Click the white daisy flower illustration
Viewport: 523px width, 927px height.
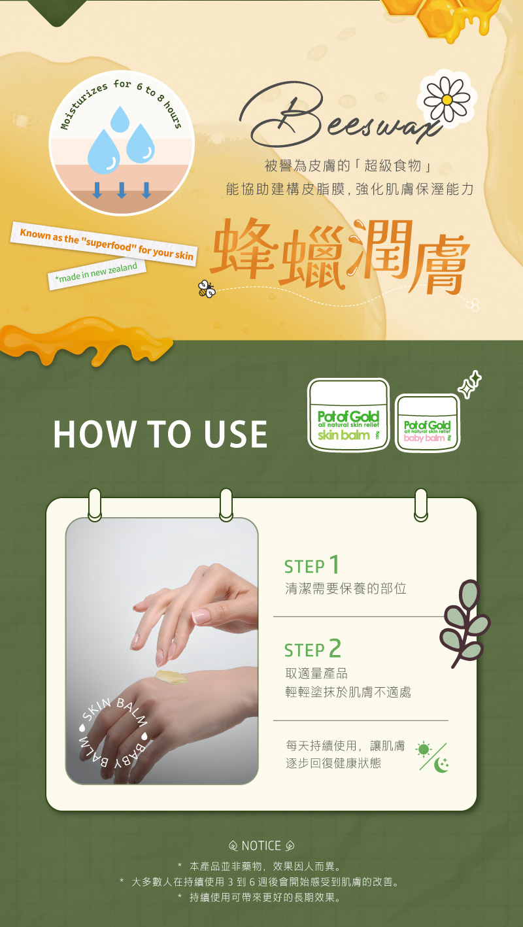(447, 99)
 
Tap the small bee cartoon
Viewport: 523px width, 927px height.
(207, 288)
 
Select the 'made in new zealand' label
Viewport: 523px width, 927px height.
(97, 273)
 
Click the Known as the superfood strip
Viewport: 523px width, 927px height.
(104, 244)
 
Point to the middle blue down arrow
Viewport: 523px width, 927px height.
(122, 190)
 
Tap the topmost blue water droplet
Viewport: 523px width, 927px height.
(120, 119)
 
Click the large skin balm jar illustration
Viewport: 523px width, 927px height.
(348, 414)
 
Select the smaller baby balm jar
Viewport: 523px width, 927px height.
(428, 422)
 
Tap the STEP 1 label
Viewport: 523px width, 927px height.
(312, 565)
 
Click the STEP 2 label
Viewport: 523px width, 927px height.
(312, 649)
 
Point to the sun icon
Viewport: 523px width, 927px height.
(424, 749)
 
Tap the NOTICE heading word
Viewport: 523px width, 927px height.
(261, 845)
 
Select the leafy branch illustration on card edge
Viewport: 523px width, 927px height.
(465, 624)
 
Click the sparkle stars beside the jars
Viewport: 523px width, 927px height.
(469, 384)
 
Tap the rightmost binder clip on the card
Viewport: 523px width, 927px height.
(421, 505)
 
